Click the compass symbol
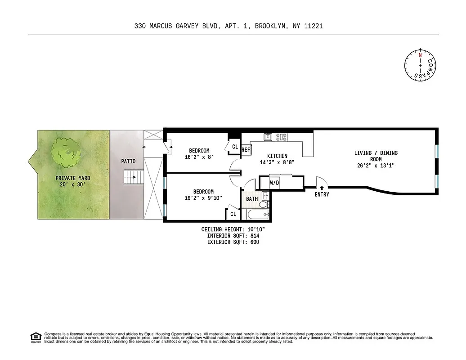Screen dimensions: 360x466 [x=420, y=65]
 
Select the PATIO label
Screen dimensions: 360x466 [x=128, y=161]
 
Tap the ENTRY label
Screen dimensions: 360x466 [x=322, y=194]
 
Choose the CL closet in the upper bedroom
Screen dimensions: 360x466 [x=235, y=146]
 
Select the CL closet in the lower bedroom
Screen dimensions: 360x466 [x=233, y=214]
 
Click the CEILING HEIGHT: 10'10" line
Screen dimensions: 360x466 [x=236, y=229]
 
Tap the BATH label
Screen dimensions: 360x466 [x=252, y=198]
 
